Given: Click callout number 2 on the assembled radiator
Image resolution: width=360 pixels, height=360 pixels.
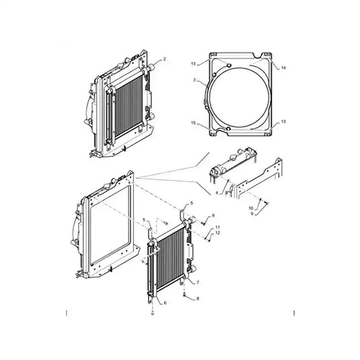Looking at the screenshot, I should (x=164, y=60).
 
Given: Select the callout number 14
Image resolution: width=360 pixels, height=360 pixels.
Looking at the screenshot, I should (x=283, y=69).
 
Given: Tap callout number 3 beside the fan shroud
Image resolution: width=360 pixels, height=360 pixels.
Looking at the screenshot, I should (x=194, y=80).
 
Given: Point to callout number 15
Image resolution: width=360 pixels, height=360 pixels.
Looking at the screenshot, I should (x=194, y=123).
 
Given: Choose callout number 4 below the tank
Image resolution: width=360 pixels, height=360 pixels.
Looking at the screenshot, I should (x=217, y=193).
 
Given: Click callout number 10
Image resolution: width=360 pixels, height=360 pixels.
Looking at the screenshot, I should (x=252, y=209).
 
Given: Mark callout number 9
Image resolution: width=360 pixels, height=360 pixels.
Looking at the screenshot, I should (x=252, y=215).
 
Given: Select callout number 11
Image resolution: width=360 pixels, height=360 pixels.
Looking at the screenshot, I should (x=217, y=227).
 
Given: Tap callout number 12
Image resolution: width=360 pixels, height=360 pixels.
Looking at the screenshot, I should (x=217, y=233).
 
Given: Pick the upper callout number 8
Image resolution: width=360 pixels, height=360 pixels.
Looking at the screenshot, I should (x=213, y=215).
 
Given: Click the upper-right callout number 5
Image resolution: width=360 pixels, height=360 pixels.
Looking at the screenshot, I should (x=190, y=203).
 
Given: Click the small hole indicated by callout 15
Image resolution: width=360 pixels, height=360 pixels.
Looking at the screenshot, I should (x=227, y=128).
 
